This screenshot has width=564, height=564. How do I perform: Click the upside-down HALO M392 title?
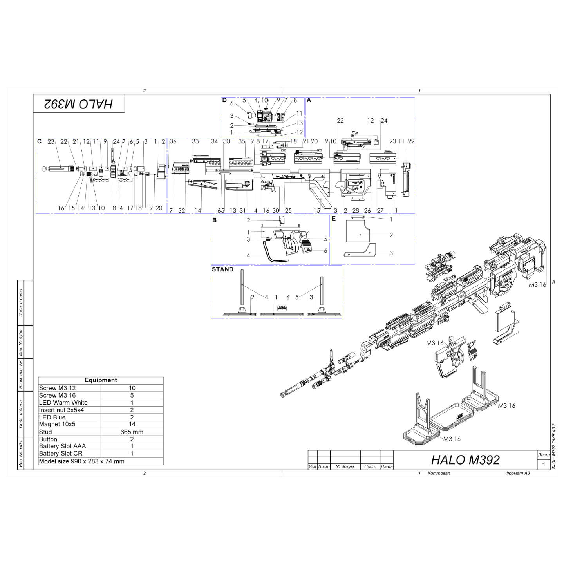click(79, 104)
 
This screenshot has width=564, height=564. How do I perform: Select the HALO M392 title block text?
click(465, 459)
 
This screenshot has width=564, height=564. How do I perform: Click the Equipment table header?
click(101, 380)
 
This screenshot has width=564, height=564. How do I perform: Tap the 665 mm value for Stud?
click(132, 432)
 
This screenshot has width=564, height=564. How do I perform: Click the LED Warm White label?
click(63, 403)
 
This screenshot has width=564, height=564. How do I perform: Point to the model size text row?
click(82, 461)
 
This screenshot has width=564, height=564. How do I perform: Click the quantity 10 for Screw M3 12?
click(132, 388)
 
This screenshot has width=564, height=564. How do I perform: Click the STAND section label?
click(222, 269)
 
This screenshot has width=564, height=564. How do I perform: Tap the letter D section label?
click(224, 100)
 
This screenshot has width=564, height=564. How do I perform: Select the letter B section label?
click(215, 220)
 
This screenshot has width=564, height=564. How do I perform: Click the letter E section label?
click(334, 219)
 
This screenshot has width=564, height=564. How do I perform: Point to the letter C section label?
click(39, 141)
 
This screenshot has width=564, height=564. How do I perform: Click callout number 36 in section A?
click(173, 141)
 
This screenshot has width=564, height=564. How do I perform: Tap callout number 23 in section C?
click(51, 141)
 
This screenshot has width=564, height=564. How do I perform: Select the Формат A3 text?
click(517, 473)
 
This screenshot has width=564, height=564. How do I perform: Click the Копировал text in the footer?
click(439, 473)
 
